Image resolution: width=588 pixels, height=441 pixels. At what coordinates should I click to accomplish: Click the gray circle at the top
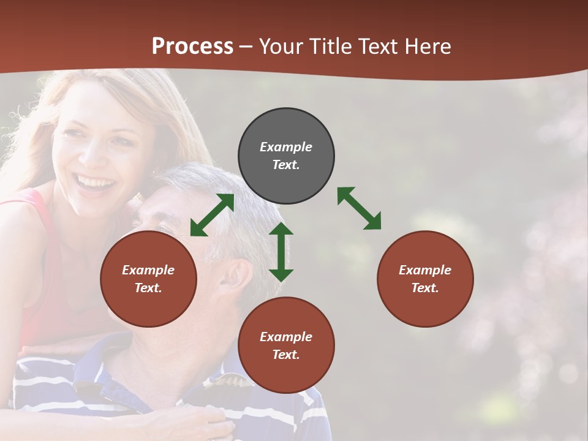click(286, 156)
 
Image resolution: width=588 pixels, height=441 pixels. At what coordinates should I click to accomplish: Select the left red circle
click(148, 279)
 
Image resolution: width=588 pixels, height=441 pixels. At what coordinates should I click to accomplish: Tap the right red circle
click(425, 279)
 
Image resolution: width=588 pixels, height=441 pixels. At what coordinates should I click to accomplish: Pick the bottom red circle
click(286, 345)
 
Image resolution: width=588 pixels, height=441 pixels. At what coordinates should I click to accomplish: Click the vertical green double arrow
click(281, 252)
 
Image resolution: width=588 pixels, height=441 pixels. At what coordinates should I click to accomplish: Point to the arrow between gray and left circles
click(212, 215)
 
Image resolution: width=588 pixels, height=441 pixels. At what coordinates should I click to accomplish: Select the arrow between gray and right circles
click(360, 208)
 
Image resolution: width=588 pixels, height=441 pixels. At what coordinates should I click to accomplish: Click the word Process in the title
click(192, 46)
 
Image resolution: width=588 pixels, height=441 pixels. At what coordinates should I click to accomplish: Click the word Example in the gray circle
click(286, 147)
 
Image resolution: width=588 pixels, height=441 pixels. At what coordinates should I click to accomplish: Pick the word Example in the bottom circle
click(286, 337)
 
